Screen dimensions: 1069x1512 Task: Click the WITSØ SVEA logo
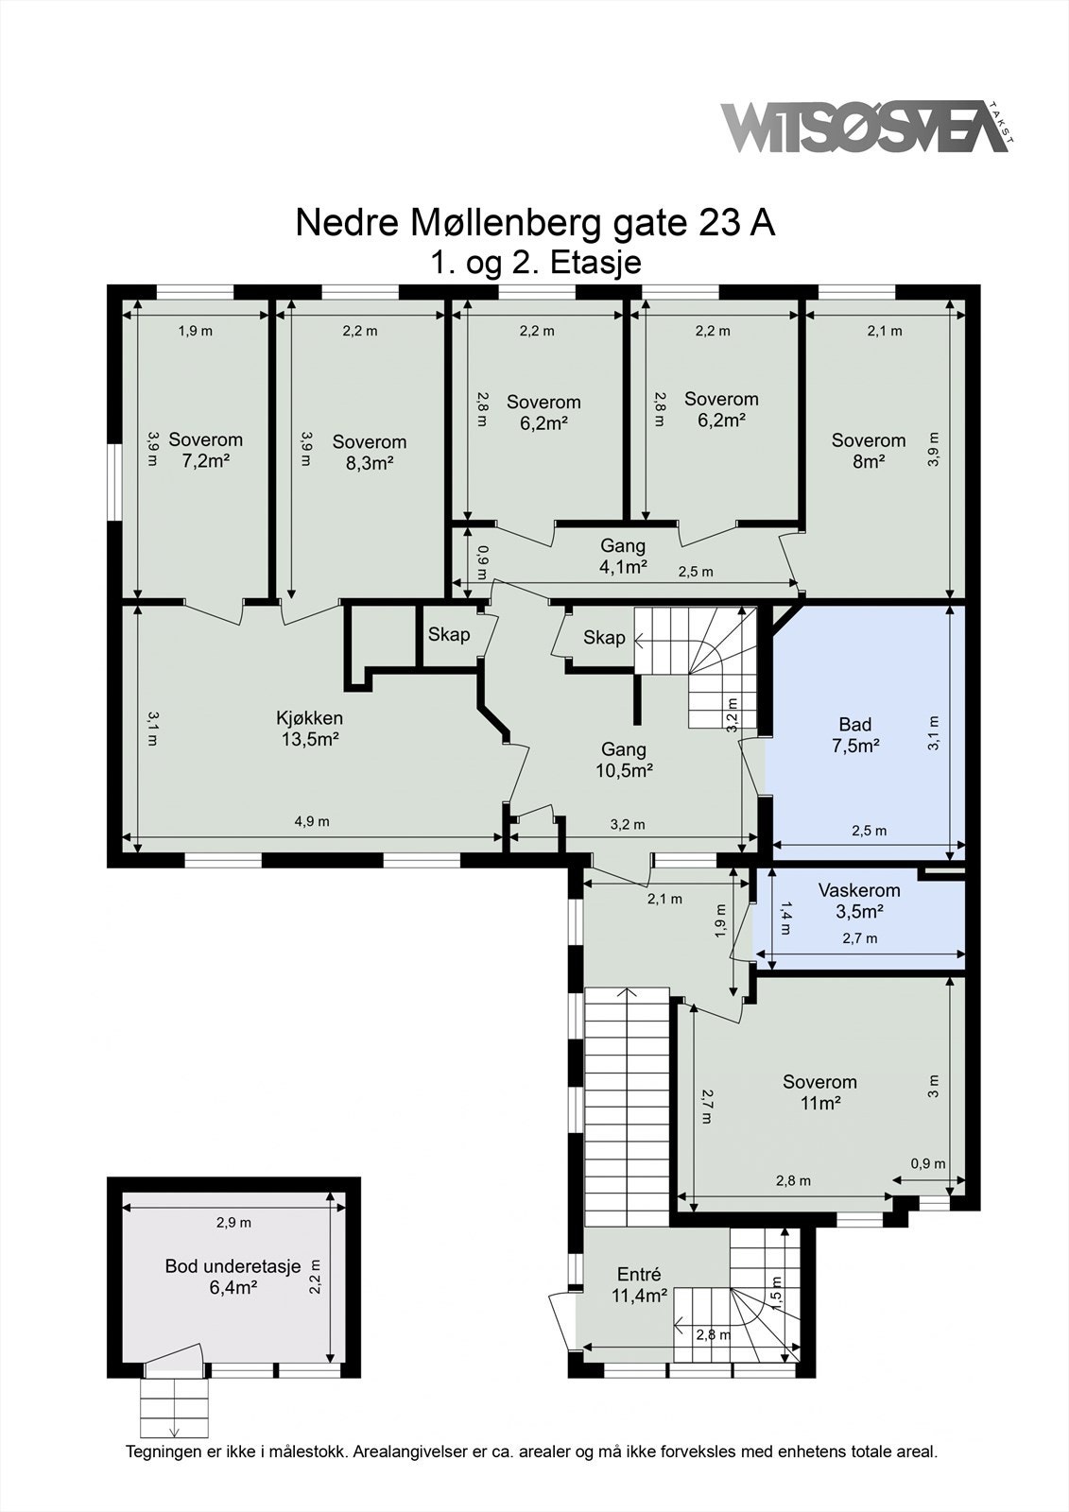click(867, 128)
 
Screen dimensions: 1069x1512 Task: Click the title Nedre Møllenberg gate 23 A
click(536, 223)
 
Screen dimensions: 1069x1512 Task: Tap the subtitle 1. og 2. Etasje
click(536, 263)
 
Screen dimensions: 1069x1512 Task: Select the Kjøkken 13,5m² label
click(310, 729)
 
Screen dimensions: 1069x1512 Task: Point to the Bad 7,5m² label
click(855, 735)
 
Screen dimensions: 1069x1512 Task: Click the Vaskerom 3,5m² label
click(860, 901)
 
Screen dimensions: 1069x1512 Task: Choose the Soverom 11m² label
click(819, 1092)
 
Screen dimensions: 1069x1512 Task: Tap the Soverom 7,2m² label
click(205, 450)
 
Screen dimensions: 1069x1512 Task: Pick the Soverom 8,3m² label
click(370, 453)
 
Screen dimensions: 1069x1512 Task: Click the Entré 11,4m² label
click(640, 1285)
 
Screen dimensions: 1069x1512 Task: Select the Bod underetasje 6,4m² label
click(233, 1277)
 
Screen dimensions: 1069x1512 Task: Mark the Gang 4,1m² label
click(623, 556)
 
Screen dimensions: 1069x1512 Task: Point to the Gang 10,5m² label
click(624, 760)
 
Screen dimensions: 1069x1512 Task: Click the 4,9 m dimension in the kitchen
click(312, 821)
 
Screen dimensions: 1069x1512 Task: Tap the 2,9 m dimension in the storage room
click(233, 1223)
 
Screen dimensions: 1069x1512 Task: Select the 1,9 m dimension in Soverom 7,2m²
click(195, 331)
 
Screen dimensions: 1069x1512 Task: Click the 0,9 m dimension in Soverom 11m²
click(928, 1163)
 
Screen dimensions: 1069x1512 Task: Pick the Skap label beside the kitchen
click(449, 634)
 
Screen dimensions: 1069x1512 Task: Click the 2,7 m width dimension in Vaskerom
click(860, 938)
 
